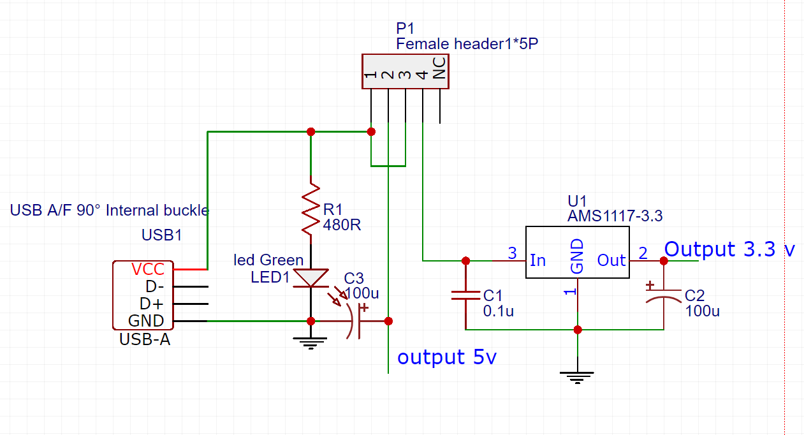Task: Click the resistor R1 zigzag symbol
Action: pyautogui.click(x=311, y=210)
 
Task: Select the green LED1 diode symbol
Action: pyautogui.click(x=311, y=278)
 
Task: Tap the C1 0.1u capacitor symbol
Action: pyautogui.click(x=465, y=295)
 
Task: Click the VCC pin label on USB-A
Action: pyautogui.click(x=147, y=269)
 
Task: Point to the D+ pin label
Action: pyautogui.click(x=154, y=304)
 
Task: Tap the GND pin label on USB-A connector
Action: pyautogui.click(x=146, y=321)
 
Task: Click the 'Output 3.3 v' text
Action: pyautogui.click(x=729, y=249)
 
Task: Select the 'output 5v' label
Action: pyautogui.click(x=446, y=357)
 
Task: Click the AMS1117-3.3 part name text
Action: pyautogui.click(x=615, y=216)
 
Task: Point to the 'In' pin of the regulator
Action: pyautogui.click(x=538, y=260)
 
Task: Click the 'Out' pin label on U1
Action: pyautogui.click(x=611, y=260)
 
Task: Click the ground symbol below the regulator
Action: pyautogui.click(x=577, y=377)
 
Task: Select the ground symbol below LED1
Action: pyautogui.click(x=311, y=344)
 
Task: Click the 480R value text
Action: pyautogui.click(x=342, y=225)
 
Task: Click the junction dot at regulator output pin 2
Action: pyautogui.click(x=663, y=260)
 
